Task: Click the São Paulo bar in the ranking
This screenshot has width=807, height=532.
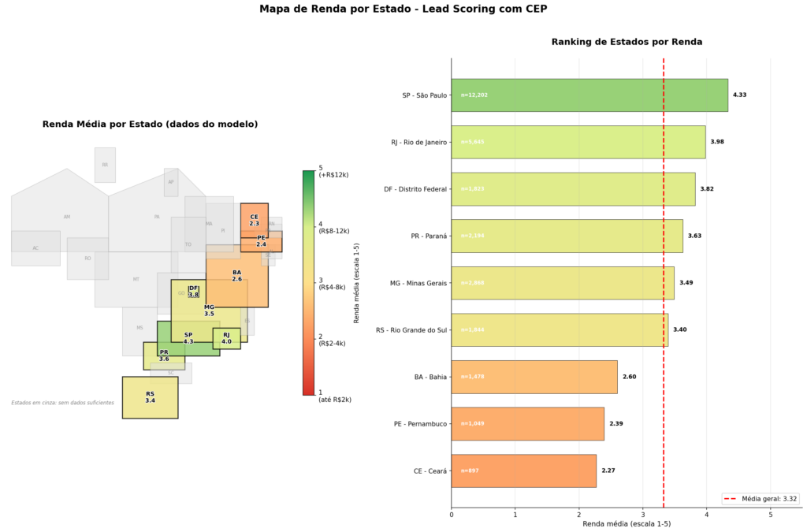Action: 589,95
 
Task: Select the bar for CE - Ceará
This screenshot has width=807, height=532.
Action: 523,471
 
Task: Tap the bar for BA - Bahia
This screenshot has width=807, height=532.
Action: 534,377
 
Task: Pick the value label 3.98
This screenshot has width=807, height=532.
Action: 717,142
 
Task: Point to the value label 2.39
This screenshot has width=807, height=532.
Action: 615,424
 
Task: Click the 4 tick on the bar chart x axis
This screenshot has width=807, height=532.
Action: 707,515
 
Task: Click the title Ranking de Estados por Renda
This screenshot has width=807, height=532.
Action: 627,42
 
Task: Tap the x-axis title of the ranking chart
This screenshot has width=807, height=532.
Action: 627,524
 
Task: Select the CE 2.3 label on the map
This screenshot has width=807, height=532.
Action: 254,220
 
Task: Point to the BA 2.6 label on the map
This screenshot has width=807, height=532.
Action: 236,276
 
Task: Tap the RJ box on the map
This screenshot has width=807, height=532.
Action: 226,338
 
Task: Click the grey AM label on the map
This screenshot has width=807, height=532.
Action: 67,217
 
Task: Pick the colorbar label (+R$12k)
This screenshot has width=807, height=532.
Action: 333,174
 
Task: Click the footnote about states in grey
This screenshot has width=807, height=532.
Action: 62,403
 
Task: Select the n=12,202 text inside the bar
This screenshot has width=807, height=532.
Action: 474,95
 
